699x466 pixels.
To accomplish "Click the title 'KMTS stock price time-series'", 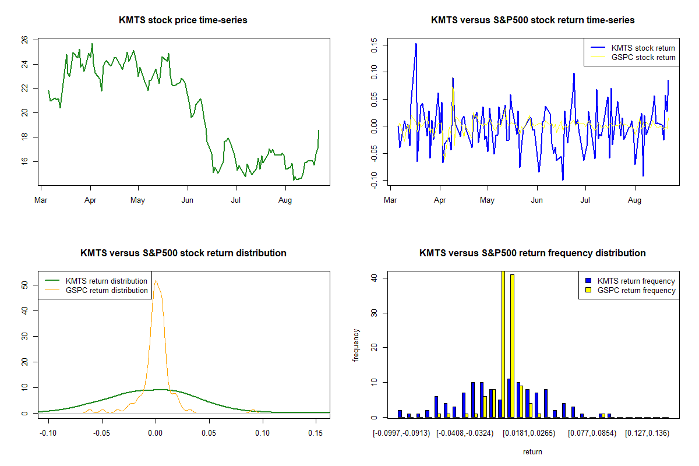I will pos(183,20).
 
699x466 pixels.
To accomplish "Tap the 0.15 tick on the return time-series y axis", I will pos(374,45).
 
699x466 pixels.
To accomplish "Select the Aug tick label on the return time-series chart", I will pos(634,200).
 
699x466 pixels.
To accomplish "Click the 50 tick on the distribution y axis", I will pos(25,285).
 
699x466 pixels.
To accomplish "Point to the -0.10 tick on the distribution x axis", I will pos(48,433).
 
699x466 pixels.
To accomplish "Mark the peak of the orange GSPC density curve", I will pos(156,281).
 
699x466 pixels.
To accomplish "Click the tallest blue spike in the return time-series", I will pos(416,44).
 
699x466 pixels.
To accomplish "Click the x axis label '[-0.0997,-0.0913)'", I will pos(401,433).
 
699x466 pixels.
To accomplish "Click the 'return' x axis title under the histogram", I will pos(532,451).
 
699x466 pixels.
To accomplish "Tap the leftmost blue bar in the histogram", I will pos(400,414).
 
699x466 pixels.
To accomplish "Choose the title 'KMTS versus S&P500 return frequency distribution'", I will pos(532,253).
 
